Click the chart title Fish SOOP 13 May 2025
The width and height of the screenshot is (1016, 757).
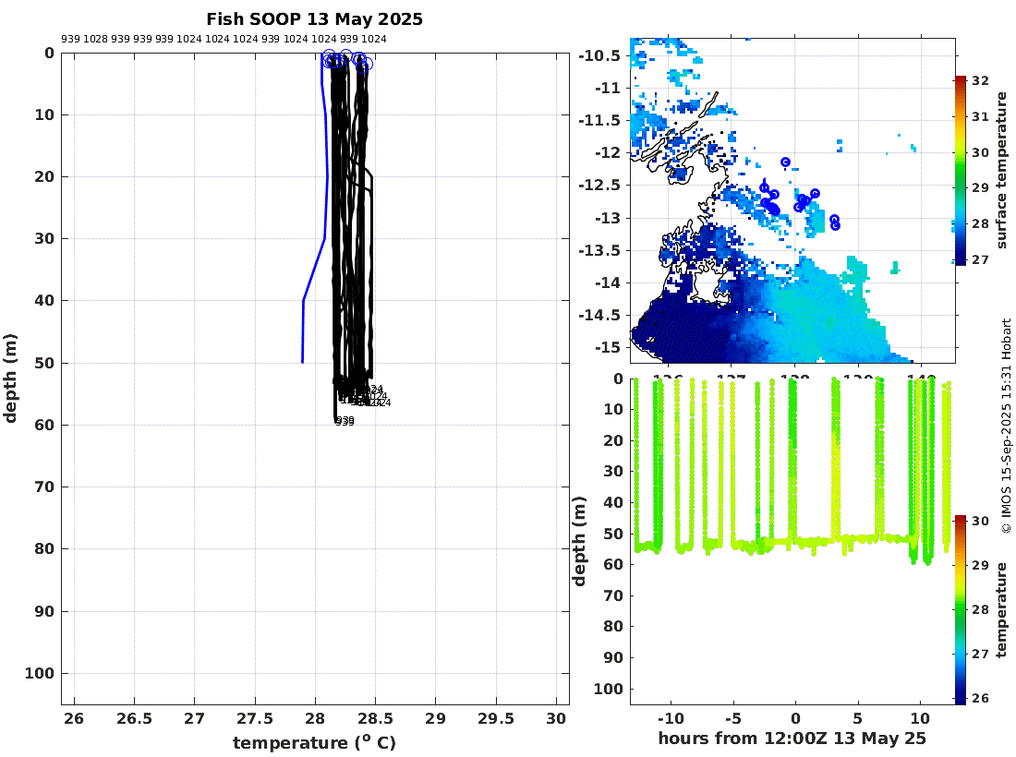314,19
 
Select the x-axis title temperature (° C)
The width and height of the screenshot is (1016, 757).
314,743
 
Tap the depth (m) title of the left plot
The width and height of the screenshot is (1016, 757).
11,378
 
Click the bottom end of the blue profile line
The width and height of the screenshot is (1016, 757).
303,362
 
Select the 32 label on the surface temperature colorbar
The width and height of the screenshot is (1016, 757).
981,81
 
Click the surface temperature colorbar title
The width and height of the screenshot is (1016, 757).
1001,171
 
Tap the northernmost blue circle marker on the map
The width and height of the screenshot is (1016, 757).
785,162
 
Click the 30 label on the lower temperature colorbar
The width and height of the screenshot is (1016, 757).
981,522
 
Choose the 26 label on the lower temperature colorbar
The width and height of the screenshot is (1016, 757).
981,698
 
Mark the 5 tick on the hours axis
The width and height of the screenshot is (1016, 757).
858,718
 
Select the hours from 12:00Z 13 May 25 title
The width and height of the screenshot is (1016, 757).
792,739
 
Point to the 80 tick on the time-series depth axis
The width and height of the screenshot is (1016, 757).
615,627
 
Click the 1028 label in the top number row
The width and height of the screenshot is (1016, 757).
95,39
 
